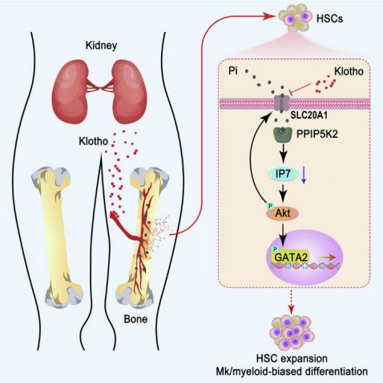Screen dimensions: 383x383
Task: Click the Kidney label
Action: coord(101,46)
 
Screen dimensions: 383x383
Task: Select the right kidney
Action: coord(129,91)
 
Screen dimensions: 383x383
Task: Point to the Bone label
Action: coord(135,319)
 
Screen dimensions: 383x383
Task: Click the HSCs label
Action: coord(329,18)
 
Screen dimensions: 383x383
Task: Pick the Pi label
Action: coord(233,71)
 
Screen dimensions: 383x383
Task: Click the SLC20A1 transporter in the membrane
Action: coord(282,103)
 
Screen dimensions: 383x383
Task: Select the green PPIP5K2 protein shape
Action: coord(283,135)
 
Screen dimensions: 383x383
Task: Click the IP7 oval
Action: coord(283,174)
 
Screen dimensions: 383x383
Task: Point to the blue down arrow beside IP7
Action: coord(304,175)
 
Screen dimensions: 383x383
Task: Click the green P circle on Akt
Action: coord(271,206)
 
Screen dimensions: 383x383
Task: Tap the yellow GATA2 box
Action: coord(291,257)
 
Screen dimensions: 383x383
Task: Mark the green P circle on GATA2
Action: coord(274,250)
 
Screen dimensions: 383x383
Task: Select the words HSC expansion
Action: coord(292,358)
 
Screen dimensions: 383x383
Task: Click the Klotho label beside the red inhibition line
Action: coord(349,71)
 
